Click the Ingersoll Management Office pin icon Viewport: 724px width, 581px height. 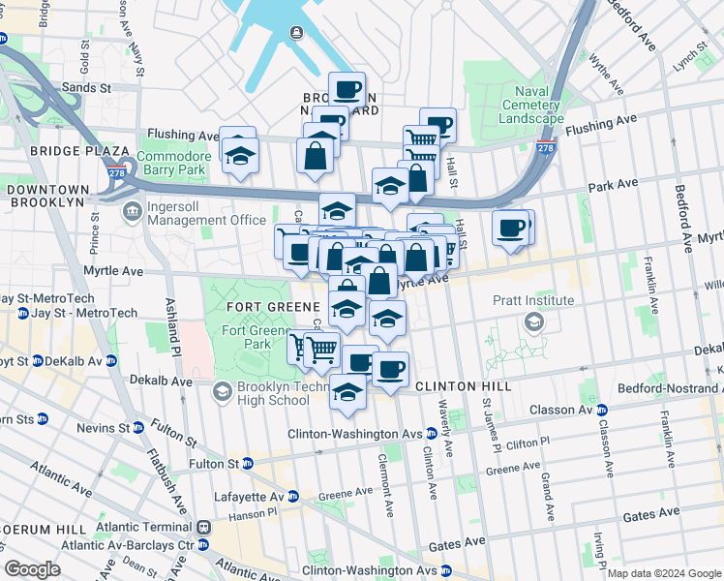coord(130,210)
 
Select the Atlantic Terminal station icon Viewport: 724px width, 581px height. coord(204,528)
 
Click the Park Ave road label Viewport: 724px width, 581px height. coord(614,183)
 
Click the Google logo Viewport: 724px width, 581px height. coord(33,568)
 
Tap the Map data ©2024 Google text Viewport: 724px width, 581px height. coord(662,573)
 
